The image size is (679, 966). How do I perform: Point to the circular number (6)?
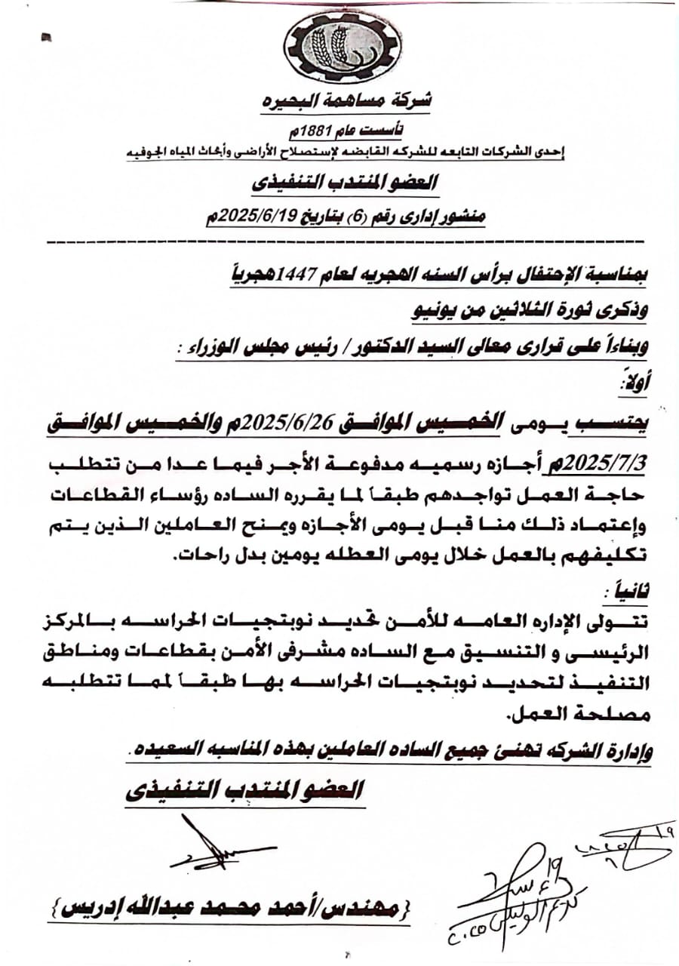tap(357, 217)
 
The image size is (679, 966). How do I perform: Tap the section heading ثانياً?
tap(625, 587)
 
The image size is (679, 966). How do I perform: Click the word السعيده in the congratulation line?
tap(164, 752)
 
